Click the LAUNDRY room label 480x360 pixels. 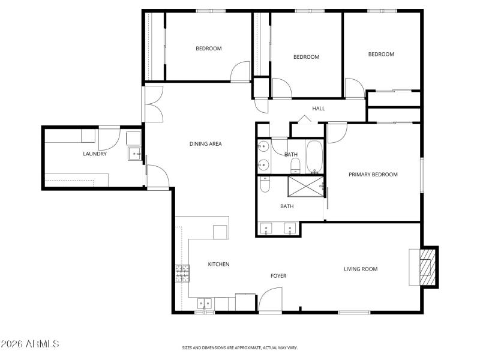(95, 154)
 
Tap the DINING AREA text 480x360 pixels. (206, 144)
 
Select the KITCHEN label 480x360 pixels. (218, 264)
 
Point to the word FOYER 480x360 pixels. (278, 276)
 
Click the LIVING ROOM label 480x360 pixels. (361, 269)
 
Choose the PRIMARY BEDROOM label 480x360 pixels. (373, 175)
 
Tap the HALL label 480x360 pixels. (319, 109)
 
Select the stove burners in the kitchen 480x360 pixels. (182, 274)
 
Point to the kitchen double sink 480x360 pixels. (204, 304)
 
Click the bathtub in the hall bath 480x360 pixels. (314, 156)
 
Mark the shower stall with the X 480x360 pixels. (305, 187)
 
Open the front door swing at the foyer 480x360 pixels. (271, 299)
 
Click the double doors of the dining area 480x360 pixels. (153, 103)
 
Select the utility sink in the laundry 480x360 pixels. (133, 154)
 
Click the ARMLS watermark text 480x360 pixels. (30, 344)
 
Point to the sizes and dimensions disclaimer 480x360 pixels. (240, 347)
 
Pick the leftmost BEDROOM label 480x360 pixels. (208, 49)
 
